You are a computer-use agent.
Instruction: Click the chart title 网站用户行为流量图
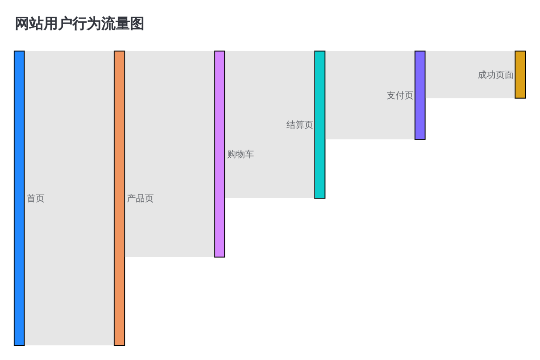79,24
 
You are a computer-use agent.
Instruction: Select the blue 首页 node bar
19,198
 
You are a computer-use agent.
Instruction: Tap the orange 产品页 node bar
120,198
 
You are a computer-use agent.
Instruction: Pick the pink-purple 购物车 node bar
220,154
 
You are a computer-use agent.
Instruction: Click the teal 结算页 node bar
320,124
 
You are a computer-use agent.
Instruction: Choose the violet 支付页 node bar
420,95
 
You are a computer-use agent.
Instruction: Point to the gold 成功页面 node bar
520,75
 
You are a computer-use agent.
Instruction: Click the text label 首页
36,199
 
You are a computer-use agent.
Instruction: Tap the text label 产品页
140,199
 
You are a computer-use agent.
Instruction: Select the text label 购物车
240,154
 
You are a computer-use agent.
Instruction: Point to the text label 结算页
299,125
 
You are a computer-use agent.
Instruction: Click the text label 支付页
400,96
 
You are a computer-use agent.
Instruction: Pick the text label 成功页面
495,75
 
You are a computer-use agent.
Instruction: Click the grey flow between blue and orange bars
69,198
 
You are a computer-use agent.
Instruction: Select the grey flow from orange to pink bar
170,154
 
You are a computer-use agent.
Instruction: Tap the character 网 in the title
22,24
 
